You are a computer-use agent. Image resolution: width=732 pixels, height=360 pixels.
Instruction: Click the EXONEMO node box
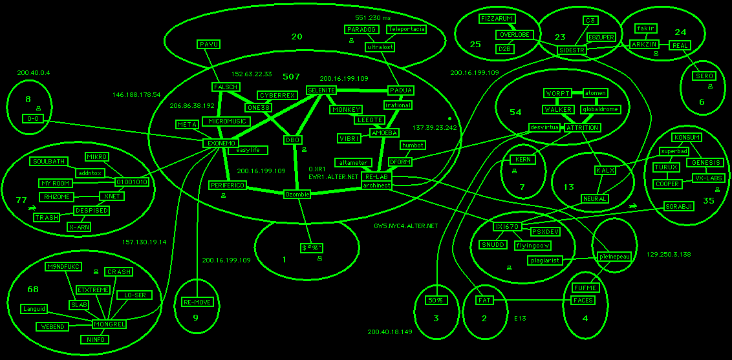click(221, 143)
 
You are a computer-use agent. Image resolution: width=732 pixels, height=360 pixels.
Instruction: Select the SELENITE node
click(321, 90)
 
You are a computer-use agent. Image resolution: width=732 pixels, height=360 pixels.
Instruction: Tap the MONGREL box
click(109, 324)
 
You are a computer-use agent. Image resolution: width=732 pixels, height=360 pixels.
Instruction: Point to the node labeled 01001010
click(133, 182)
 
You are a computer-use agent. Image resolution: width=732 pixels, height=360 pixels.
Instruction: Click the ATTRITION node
click(583, 128)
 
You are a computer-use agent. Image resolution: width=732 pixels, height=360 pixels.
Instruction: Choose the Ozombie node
click(297, 194)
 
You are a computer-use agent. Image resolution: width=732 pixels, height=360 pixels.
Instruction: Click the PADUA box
click(401, 90)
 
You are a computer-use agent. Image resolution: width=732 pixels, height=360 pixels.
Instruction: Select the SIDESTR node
click(571, 50)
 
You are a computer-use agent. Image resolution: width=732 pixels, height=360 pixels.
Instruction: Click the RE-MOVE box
click(197, 302)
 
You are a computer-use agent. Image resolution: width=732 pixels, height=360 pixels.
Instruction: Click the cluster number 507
click(291, 76)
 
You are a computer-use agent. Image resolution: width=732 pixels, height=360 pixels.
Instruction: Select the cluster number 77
click(21, 200)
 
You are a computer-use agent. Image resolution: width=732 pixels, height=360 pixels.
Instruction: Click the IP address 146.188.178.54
click(136, 94)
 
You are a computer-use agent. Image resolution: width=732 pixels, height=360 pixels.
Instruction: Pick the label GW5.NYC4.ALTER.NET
click(406, 226)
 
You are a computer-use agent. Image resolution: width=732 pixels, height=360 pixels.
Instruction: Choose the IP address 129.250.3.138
click(669, 255)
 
